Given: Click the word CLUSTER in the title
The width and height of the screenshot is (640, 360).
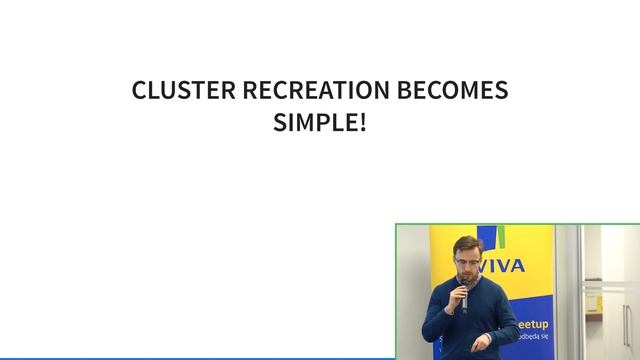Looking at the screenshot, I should [178, 91].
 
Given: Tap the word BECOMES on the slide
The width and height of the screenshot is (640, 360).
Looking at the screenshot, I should [453, 91].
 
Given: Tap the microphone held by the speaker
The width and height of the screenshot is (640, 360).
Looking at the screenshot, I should [464, 296].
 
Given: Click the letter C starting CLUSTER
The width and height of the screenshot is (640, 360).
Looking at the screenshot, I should [140, 91].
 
